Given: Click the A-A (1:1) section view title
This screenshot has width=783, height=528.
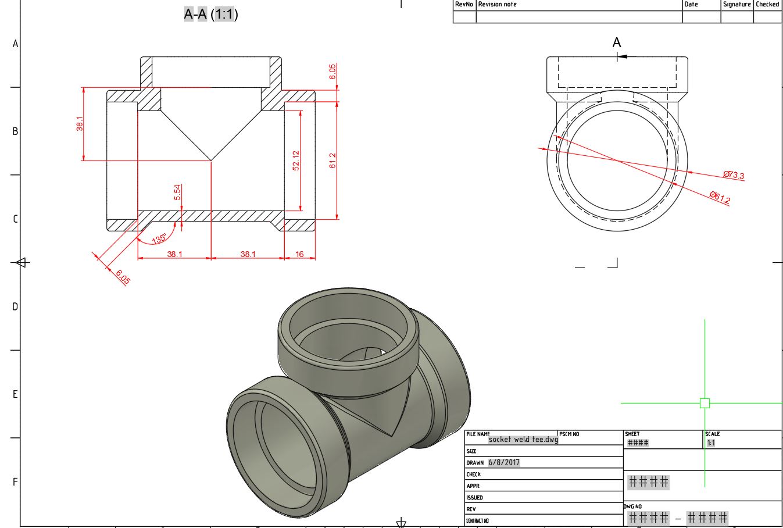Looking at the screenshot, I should [210, 14].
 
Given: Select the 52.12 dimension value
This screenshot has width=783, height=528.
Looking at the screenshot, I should [296, 160].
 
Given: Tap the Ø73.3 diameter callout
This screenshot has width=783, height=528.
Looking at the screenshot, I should [733, 175].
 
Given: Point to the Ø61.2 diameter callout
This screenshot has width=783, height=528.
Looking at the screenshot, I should [720, 198].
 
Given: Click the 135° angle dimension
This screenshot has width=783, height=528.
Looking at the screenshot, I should [159, 238].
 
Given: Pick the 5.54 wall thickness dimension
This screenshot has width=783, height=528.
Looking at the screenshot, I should [177, 192].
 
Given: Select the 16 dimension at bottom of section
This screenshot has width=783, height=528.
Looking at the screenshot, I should [299, 254].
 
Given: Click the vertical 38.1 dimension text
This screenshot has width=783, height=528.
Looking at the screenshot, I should [80, 124].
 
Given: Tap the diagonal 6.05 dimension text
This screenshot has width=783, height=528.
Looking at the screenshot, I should [123, 277].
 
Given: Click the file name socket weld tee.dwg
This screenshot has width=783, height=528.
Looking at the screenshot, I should [523, 440].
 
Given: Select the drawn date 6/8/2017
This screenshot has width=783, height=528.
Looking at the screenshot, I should [504, 463].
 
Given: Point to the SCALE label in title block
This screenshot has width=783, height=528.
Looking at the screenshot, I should [712, 434].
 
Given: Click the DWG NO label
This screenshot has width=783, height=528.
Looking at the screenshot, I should [633, 506].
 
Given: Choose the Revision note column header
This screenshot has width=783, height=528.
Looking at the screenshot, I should [497, 4].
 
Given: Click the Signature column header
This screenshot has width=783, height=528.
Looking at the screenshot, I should [736, 4].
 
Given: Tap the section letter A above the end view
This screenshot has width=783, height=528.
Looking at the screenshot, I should [617, 42].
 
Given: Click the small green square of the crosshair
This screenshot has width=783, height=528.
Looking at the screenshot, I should [705, 403].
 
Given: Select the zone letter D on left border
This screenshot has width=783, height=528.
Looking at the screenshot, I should [15, 306].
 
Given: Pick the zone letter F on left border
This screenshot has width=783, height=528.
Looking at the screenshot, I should [15, 482].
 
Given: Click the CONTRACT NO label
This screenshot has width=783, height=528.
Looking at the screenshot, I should [477, 521].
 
